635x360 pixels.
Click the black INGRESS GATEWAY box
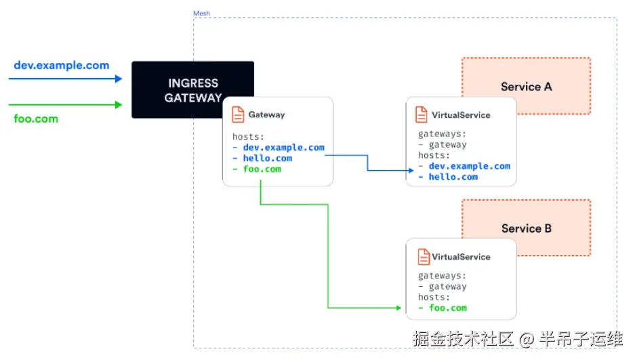click(x=192, y=89)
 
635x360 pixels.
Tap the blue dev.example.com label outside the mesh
click(x=62, y=65)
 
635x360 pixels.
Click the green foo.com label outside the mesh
click(x=36, y=119)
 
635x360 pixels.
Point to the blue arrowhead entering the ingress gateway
click(x=119, y=79)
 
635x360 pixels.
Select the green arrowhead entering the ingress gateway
click(x=119, y=105)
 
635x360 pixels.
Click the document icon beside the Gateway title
click(x=238, y=115)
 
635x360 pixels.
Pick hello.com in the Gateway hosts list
click(x=267, y=159)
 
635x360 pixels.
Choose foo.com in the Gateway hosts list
click(x=262, y=169)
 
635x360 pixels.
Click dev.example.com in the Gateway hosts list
click(x=283, y=147)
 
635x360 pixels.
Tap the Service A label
click(x=526, y=87)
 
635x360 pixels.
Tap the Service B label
click(x=527, y=228)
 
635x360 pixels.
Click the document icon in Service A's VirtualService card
click(x=421, y=115)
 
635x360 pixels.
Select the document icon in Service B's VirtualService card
click(x=423, y=257)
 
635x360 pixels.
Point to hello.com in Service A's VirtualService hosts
click(x=453, y=177)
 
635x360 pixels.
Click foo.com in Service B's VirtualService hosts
click(x=448, y=308)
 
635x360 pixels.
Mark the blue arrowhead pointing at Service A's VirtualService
click(x=411, y=170)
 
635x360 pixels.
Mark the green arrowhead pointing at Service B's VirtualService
click(x=398, y=308)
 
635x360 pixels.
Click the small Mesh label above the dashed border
click(x=201, y=14)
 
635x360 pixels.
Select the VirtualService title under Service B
click(x=461, y=257)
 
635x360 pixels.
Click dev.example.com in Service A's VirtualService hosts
click(x=470, y=166)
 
